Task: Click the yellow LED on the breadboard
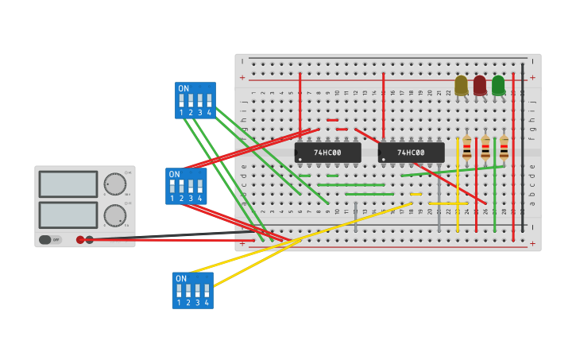tap(461, 85)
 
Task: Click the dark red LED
tap(480, 85)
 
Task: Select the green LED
tap(498, 85)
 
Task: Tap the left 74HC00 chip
tap(327, 152)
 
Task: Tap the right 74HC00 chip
tap(411, 152)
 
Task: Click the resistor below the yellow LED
tap(467, 147)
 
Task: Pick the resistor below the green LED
tap(504, 147)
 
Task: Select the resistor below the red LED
tap(485, 147)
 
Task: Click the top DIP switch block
tap(195, 100)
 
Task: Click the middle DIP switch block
tap(186, 186)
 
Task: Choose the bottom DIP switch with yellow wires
tap(192, 290)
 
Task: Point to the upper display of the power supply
tap(68, 184)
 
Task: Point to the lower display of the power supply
tap(68, 215)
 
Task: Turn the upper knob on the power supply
tap(115, 184)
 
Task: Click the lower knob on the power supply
tap(115, 215)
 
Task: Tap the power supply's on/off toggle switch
tap(45, 239)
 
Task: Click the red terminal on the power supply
tap(80, 239)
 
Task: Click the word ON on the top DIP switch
tap(184, 88)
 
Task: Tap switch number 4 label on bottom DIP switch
tap(207, 303)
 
